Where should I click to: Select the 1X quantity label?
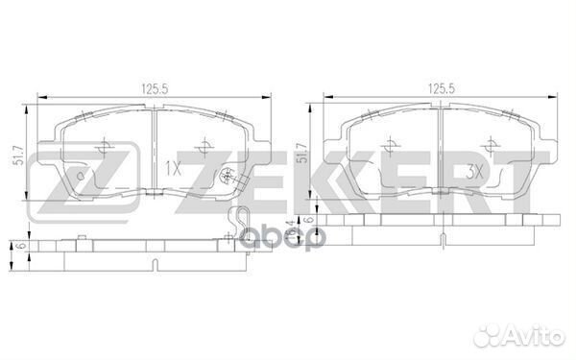coord(174,166)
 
